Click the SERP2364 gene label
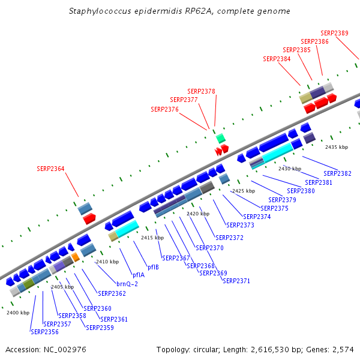pyautogui.click(x=50, y=169)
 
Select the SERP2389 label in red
pyautogui.click(x=334, y=33)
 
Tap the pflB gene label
pyautogui.click(x=153, y=267)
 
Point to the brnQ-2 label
pyautogui.click(x=127, y=284)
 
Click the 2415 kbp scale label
pyautogui.click(x=152, y=238)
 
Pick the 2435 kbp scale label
pyautogui.click(x=337, y=147)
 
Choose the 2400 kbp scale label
pyautogui.click(x=18, y=313)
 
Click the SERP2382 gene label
pyautogui.click(x=338, y=173)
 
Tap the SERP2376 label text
pyautogui.click(x=165, y=109)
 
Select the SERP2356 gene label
pyautogui.click(x=44, y=331)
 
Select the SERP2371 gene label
pyautogui.click(x=236, y=280)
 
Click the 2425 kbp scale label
pyautogui.click(x=243, y=191)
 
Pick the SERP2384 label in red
pyautogui.click(x=277, y=59)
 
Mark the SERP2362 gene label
pyautogui.click(x=112, y=293)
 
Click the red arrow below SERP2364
pyautogui.click(x=89, y=218)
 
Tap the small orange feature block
pyautogui.click(x=76, y=257)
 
